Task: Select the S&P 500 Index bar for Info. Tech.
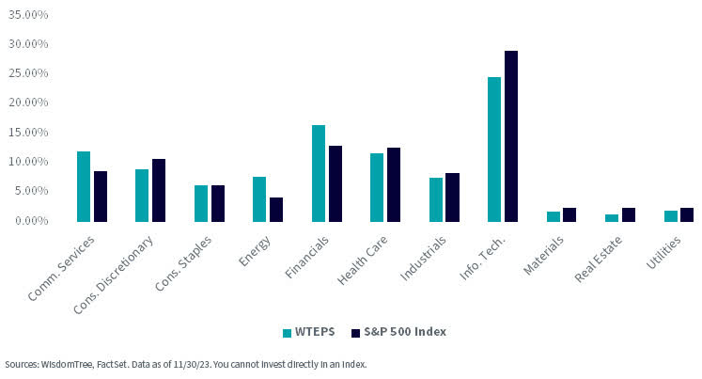(x=511, y=136)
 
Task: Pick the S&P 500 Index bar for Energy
(x=276, y=209)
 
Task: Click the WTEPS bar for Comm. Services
(x=84, y=186)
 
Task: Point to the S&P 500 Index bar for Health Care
(x=394, y=184)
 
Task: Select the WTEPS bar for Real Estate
(x=612, y=217)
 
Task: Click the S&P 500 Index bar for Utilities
(x=687, y=214)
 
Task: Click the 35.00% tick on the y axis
(x=27, y=15)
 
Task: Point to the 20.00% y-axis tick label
(x=27, y=103)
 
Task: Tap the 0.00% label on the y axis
(x=30, y=220)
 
